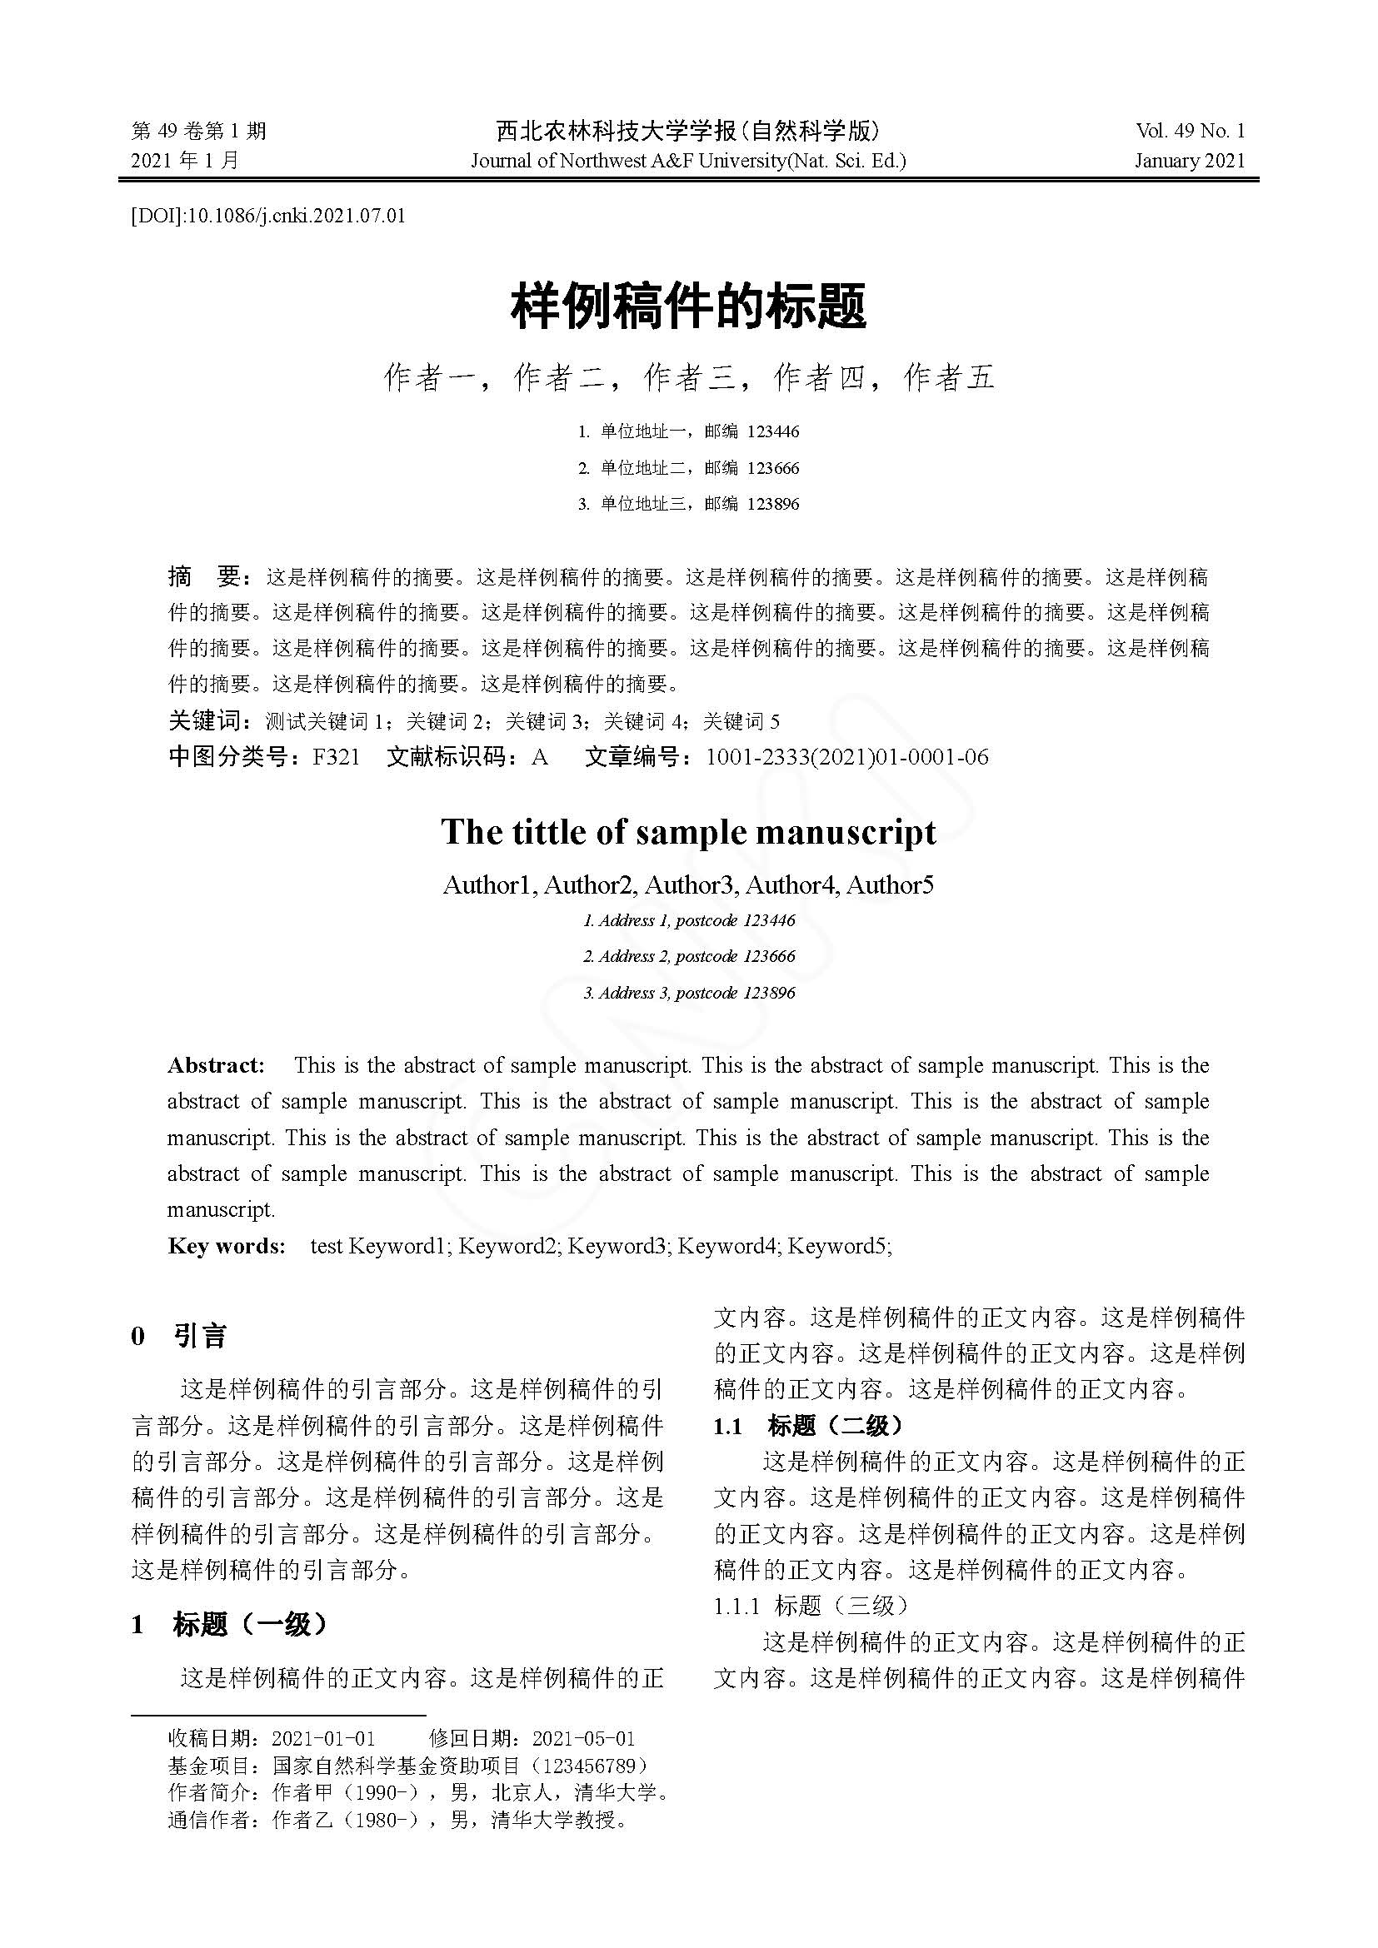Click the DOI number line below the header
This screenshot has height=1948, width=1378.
pyautogui.click(x=268, y=216)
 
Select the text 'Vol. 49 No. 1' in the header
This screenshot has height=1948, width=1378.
pyautogui.click(x=1190, y=131)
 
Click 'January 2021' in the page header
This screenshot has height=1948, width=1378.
pyautogui.click(x=1190, y=161)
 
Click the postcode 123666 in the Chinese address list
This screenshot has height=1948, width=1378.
pyautogui.click(x=773, y=467)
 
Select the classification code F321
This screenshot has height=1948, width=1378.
pyautogui.click(x=336, y=757)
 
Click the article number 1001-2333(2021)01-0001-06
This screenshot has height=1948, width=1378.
pyautogui.click(x=846, y=757)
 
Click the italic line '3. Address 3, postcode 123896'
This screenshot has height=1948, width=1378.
pyautogui.click(x=689, y=993)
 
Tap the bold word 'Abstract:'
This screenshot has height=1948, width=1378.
pyautogui.click(x=216, y=1066)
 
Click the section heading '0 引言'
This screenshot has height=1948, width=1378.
pyautogui.click(x=179, y=1336)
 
